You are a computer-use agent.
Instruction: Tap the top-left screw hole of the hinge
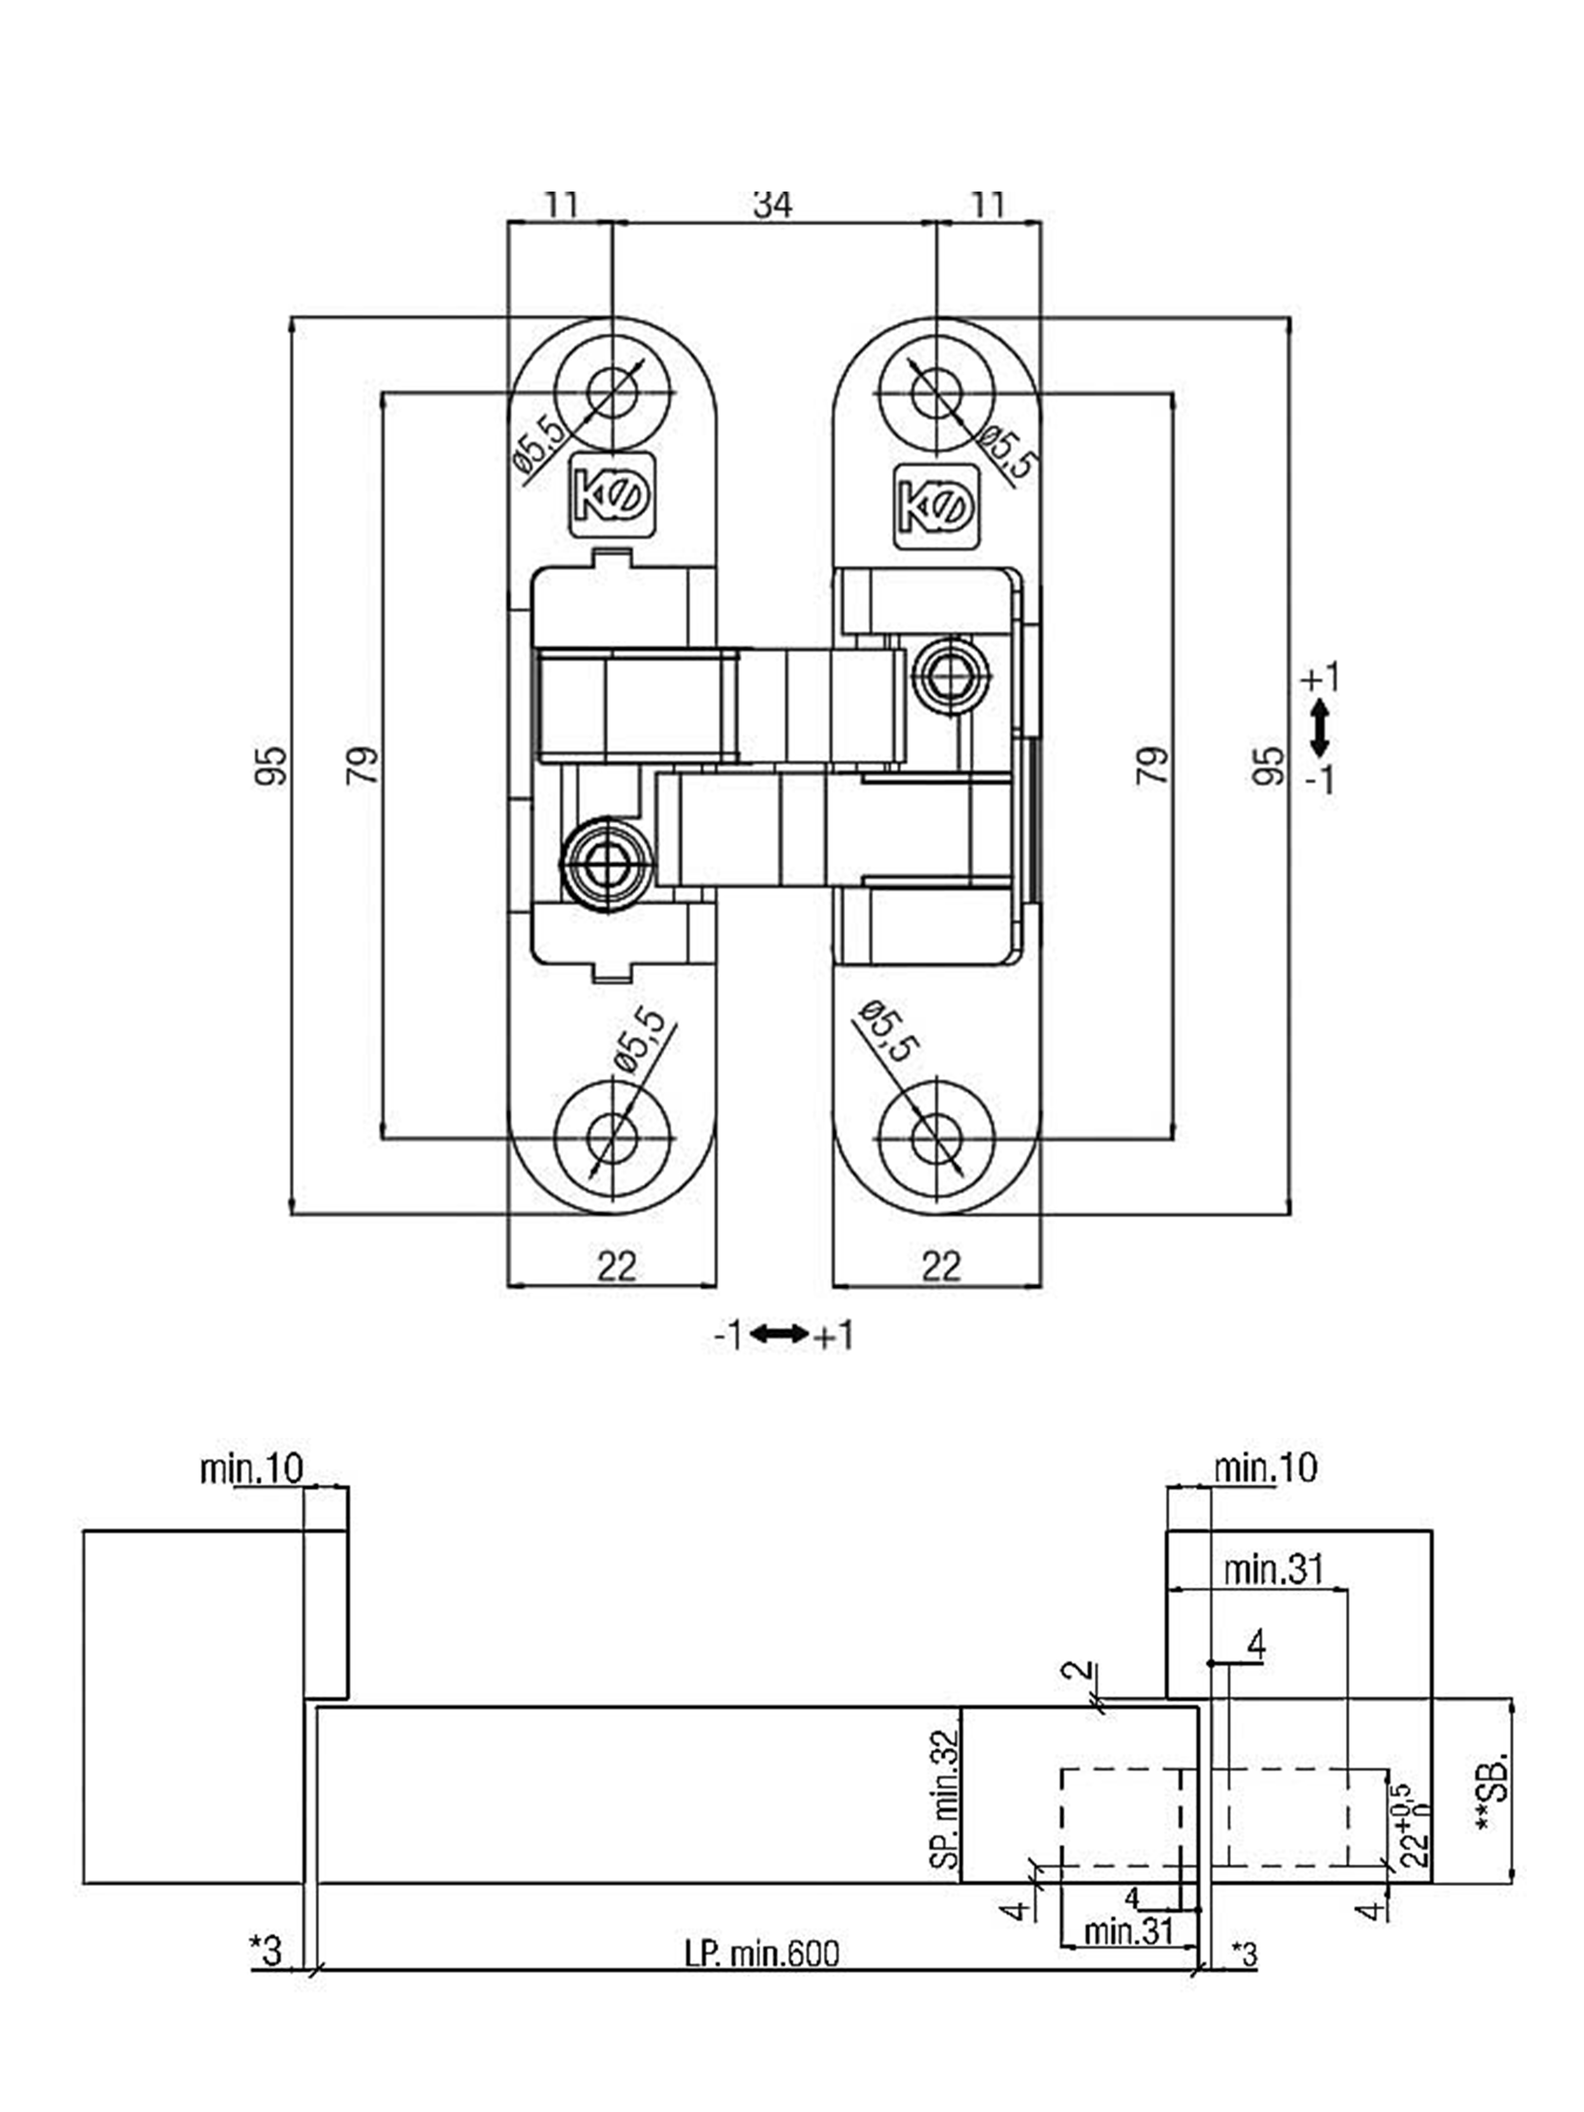(612, 392)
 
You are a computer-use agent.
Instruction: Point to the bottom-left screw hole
(612, 1138)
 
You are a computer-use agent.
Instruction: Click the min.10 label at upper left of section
(251, 1468)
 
